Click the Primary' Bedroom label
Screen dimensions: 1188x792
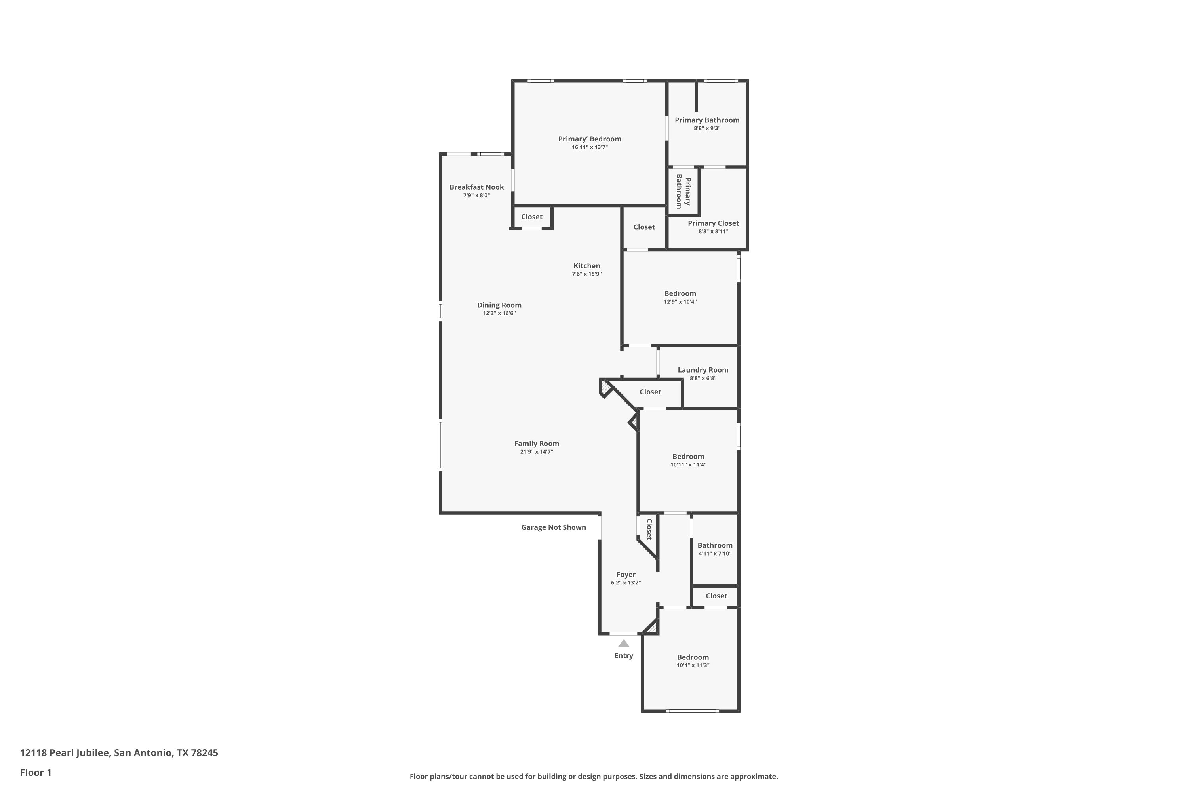pyautogui.click(x=590, y=139)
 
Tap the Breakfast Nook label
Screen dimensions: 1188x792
pyautogui.click(x=476, y=187)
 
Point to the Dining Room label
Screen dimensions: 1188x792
pyautogui.click(x=499, y=305)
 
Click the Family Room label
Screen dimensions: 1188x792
pyautogui.click(x=537, y=444)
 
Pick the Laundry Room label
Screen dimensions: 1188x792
pyautogui.click(x=703, y=370)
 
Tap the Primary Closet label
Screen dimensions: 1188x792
pyautogui.click(x=713, y=223)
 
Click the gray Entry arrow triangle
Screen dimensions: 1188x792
pyautogui.click(x=624, y=643)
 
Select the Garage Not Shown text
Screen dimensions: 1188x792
pyautogui.click(x=554, y=527)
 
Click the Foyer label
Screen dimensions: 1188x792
pyautogui.click(x=626, y=574)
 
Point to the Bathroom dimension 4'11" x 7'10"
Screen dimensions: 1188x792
pyautogui.click(x=715, y=554)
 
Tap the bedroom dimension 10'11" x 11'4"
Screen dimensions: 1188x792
pyautogui.click(x=688, y=465)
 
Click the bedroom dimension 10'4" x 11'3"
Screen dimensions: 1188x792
pyautogui.click(x=693, y=665)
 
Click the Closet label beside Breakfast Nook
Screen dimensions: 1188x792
pyautogui.click(x=531, y=217)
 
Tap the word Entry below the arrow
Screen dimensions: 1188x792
pyautogui.click(x=624, y=656)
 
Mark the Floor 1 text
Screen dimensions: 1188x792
pyautogui.click(x=36, y=772)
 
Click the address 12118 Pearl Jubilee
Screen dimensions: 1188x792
pyautogui.click(x=65, y=753)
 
